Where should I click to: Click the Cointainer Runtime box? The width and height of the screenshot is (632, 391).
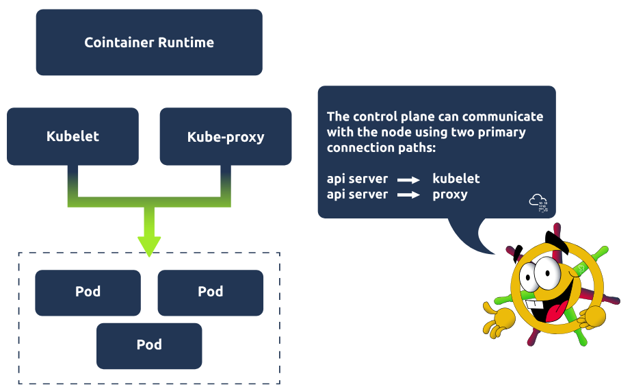pos(149,42)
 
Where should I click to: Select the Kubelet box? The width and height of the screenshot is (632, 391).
pos(73,136)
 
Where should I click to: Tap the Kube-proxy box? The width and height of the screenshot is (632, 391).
pos(226,136)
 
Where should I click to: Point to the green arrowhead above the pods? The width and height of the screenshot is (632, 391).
pos(149,245)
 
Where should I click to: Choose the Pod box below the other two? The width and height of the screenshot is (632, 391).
pos(149,345)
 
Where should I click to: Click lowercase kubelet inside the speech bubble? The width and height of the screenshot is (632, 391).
pos(456,179)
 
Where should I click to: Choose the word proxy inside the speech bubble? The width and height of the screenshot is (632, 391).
pos(450,194)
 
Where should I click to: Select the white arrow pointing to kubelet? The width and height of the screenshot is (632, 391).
pos(409,180)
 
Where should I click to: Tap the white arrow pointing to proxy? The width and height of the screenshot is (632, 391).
pos(409,196)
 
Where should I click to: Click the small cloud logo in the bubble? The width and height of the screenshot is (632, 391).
pos(538,202)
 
